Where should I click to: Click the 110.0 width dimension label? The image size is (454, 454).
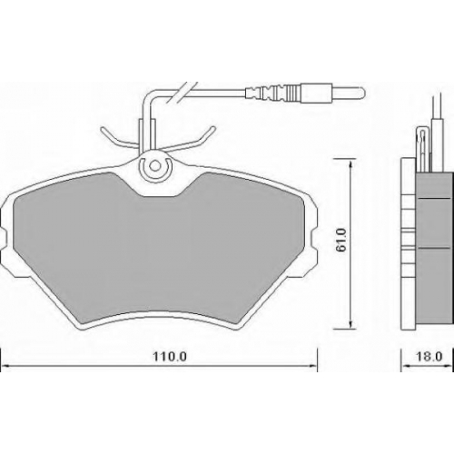(170, 357)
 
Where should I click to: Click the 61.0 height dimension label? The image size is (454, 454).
(342, 240)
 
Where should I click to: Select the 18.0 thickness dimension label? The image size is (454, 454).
(429, 357)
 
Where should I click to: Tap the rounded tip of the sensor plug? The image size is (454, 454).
(362, 92)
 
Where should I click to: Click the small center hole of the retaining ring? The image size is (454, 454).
(155, 166)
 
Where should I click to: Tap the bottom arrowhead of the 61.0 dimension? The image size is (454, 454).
(350, 324)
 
